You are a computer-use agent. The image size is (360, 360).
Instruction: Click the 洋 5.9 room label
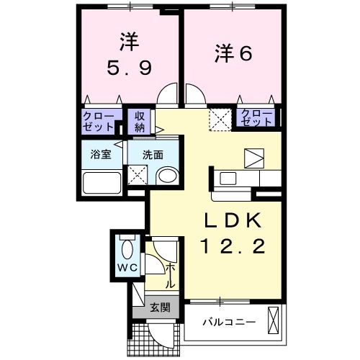[129, 55]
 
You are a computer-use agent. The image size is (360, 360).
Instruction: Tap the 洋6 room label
[233, 54]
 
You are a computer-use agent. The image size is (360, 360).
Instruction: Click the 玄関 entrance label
[160, 307]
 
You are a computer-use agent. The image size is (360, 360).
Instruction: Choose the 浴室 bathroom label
[101, 153]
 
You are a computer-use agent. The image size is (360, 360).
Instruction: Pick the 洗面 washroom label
[152, 153]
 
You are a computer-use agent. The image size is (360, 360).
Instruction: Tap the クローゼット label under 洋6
[256, 117]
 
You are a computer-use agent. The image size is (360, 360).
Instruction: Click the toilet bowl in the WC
[127, 250]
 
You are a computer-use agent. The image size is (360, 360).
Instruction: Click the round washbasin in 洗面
[168, 176]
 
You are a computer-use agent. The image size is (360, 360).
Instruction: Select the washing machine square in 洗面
[137, 174]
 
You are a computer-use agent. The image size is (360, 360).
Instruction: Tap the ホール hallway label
[171, 276]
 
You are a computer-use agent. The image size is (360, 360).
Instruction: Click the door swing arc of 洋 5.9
[167, 96]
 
